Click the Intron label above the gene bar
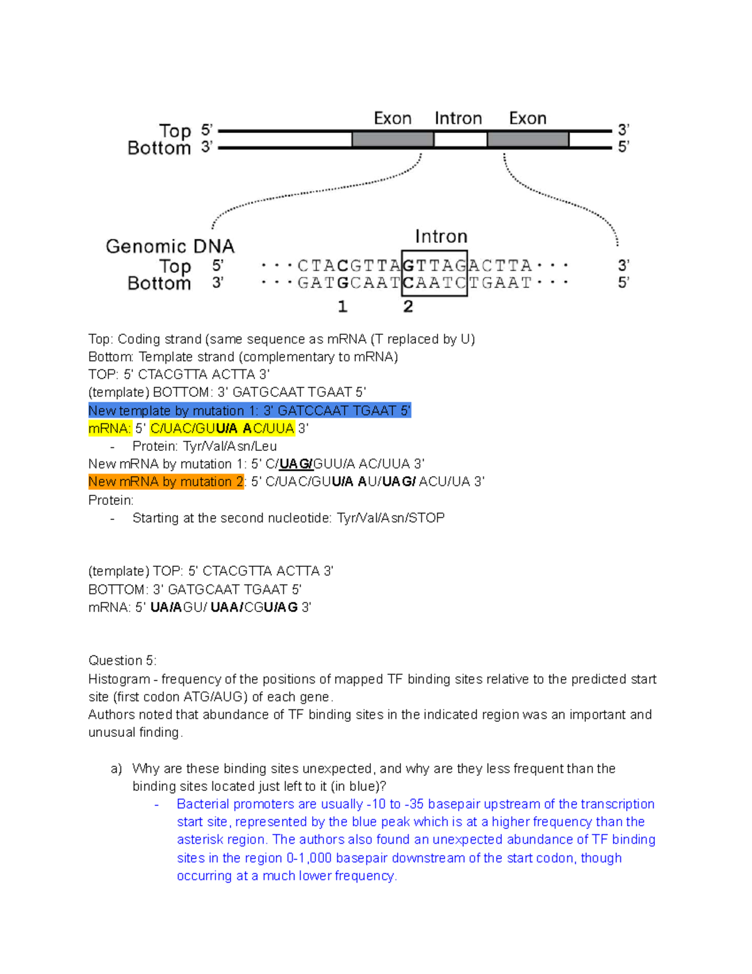pos(458,119)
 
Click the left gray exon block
pos(392,139)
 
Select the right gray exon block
pos(528,139)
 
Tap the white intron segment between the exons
pos(460,139)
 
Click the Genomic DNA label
pos(170,246)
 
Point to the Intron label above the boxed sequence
pos(441,236)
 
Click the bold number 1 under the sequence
pos(342,307)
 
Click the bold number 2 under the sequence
pos(408,307)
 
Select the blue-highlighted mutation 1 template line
pos(249,411)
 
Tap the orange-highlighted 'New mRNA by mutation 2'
pos(166,482)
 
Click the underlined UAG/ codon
pos(296,464)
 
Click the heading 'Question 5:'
pos(122,660)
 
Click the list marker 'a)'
pos(116,769)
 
